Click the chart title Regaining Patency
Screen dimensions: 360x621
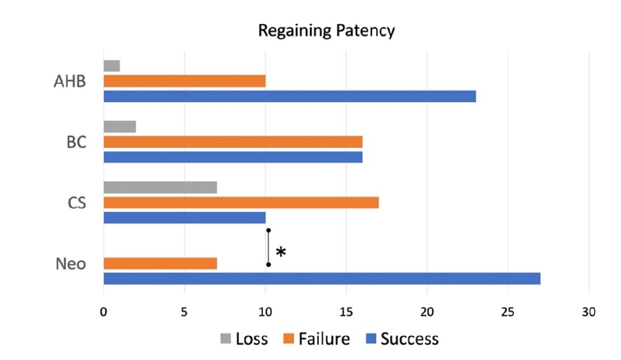pos(326,31)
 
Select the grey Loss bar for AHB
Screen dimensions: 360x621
pos(112,66)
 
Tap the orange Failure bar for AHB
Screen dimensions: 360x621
pos(184,81)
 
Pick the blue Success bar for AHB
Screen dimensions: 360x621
pos(289,96)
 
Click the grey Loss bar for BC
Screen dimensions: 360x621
pos(119,127)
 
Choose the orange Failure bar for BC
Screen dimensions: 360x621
pos(233,142)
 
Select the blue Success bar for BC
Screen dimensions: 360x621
pos(233,157)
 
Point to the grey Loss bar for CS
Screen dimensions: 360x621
pos(160,188)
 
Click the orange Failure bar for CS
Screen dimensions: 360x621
pos(241,203)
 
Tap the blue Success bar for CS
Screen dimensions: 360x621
pos(184,218)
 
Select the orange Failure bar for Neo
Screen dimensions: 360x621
pos(160,264)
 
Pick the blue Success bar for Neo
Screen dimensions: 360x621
pos(322,279)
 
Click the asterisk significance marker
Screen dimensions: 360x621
pos(281,253)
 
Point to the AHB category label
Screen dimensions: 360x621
pos(70,81)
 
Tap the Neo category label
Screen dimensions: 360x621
pos(71,264)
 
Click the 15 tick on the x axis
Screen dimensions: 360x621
pos(346,311)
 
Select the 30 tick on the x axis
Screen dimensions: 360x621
pos(589,311)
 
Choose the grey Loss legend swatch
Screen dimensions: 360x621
pos(225,339)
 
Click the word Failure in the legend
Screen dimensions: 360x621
pos(324,339)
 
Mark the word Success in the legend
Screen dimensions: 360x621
pos(409,339)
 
